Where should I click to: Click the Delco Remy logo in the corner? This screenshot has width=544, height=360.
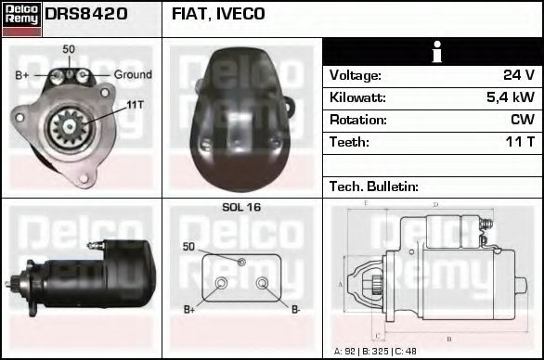click(21, 19)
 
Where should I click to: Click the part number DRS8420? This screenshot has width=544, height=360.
click(86, 14)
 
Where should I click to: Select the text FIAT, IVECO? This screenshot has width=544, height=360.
click(218, 14)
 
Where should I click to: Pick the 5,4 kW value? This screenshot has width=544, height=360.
click(510, 97)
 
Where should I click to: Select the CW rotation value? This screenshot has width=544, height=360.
click(522, 120)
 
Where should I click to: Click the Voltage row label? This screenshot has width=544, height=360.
click(355, 75)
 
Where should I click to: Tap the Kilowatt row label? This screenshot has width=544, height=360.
click(357, 97)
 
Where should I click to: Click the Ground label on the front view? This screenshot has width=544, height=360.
click(133, 74)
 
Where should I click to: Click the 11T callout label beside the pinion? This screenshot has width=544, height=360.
click(134, 105)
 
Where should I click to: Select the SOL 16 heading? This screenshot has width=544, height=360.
click(241, 207)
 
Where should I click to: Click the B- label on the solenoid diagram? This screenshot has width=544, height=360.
click(295, 309)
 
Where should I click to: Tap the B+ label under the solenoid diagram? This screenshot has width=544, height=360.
click(189, 309)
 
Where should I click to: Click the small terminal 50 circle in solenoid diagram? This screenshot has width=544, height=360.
click(241, 263)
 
